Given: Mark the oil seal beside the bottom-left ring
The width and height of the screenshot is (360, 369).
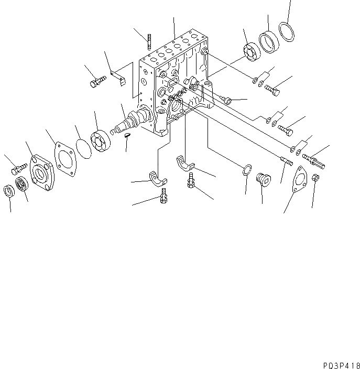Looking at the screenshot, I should click(23, 185).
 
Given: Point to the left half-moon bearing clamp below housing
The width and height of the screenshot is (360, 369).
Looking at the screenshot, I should click(157, 178).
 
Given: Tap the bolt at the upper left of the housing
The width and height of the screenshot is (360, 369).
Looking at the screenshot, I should click(97, 82).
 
